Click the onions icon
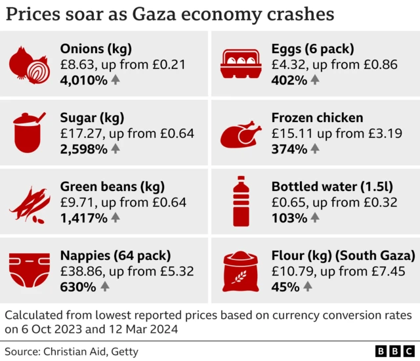pos(30,64)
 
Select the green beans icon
pos(30,202)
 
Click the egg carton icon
pos(242,64)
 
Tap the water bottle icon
pos(241,202)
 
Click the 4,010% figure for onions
pos(83,80)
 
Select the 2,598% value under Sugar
pos(83,149)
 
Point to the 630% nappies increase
pos(78,286)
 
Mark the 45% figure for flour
pos(285,286)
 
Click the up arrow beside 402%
pos(315,80)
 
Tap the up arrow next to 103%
pos(314,217)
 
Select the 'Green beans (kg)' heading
pos(112,186)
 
